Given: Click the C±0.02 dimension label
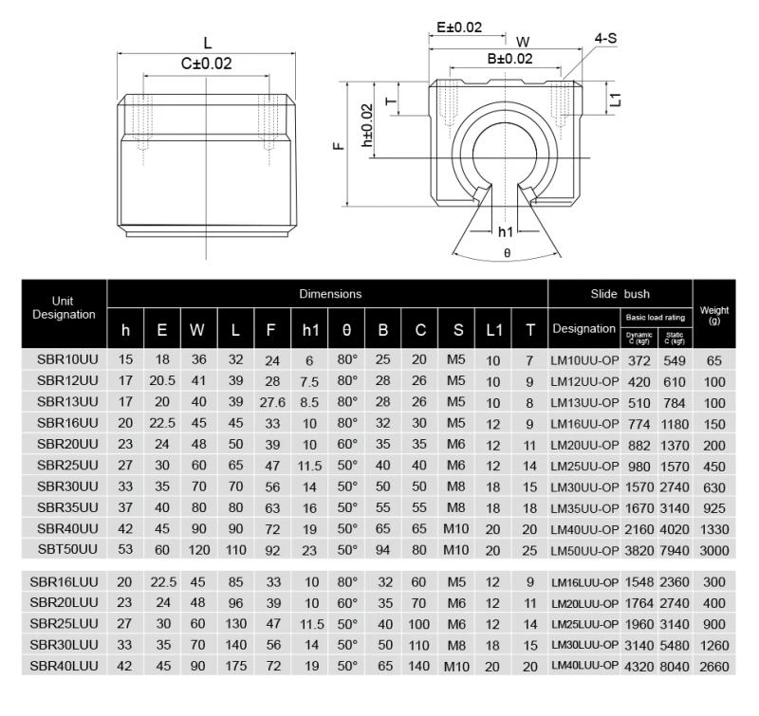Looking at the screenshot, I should pyautogui.click(x=206, y=64).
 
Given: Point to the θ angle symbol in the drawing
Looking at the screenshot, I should pyautogui.click(x=507, y=253).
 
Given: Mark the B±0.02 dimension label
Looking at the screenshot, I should pyautogui.click(x=510, y=59).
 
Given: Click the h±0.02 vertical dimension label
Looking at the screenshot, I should pyautogui.click(x=368, y=124).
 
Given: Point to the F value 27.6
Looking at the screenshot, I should pyautogui.click(x=271, y=402).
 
